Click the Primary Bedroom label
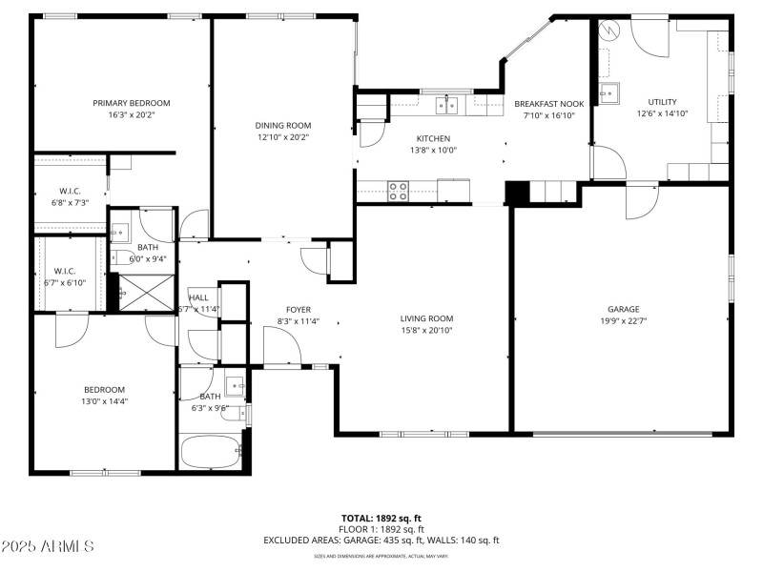(131, 103)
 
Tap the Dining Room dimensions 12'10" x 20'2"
(282, 137)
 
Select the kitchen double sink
(446, 104)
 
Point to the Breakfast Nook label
(548, 103)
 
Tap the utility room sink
(608, 92)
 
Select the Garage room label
(624, 309)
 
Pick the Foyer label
(298, 309)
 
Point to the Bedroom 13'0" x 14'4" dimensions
(104, 401)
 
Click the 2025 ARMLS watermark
(48, 546)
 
